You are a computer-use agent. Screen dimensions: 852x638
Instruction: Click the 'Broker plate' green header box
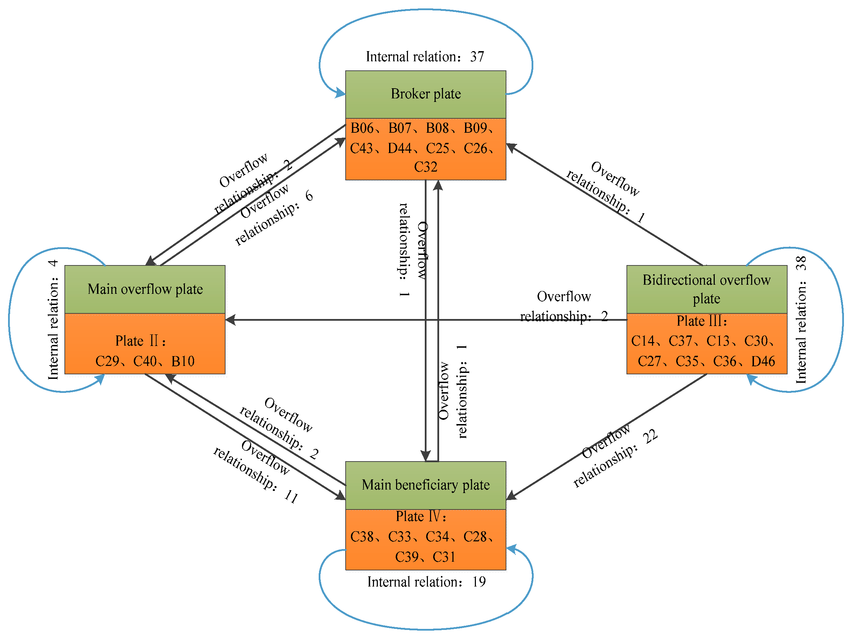[425, 95]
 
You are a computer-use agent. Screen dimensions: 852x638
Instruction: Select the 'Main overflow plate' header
[145, 289]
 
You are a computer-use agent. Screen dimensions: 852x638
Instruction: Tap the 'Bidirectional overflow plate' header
[707, 289]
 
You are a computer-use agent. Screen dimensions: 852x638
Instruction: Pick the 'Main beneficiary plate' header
[425, 485]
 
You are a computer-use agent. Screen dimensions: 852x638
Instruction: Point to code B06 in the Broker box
[362, 128]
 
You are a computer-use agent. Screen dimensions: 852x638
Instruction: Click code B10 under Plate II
[183, 361]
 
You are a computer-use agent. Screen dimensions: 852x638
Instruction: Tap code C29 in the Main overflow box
[107, 361]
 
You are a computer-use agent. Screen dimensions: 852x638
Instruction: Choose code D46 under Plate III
[763, 361]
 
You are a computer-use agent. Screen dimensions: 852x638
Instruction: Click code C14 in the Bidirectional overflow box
[643, 341]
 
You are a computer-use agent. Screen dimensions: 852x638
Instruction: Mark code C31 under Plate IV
[444, 557]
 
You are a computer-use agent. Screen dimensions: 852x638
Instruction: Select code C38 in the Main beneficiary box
[362, 537]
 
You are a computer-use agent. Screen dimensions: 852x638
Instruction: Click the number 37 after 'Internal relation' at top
[477, 57]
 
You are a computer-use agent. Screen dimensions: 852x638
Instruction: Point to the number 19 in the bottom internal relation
[479, 582]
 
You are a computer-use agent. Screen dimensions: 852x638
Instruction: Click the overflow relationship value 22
[650, 437]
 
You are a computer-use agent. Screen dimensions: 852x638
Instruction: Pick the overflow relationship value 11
[291, 497]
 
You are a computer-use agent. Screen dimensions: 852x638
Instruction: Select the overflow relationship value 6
[309, 196]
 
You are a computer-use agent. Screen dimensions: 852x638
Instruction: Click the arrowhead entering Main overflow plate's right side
[230, 320]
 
